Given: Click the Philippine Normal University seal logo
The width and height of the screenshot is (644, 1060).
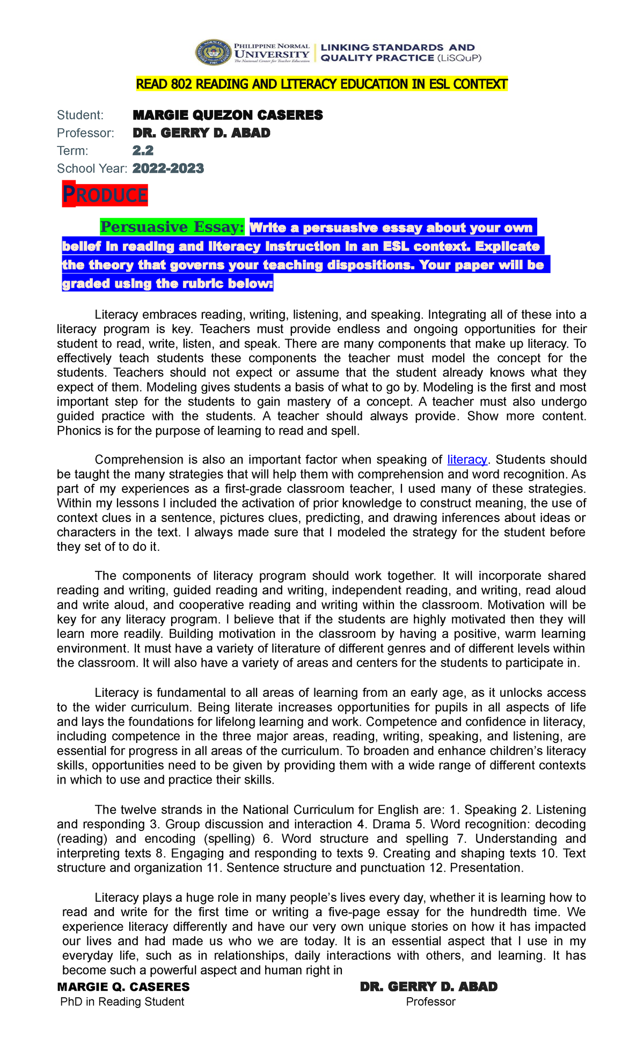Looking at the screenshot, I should pos(213,53).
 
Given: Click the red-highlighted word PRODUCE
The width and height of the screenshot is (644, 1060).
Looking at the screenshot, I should pos(105,195).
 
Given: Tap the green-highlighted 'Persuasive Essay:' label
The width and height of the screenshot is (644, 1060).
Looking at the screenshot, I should pos(172,227).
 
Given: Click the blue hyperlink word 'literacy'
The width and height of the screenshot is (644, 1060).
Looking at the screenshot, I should pos(467,460).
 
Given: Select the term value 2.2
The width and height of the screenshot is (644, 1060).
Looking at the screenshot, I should pos(143,151).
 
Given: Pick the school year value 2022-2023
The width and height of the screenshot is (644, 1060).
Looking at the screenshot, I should pos(168,168).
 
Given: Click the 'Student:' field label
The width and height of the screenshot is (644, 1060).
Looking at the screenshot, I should pos(80,115).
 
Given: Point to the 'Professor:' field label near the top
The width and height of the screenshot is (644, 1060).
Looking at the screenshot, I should pos(86,133).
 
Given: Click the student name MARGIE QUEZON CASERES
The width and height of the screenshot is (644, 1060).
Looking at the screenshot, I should pos(228,115).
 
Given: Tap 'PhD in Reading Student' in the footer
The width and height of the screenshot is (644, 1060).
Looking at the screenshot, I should pos(122,1002).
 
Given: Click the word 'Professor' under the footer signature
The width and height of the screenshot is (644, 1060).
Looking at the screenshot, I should pos(430,1002).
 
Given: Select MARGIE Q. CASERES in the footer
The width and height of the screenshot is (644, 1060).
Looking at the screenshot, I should pos(123,987).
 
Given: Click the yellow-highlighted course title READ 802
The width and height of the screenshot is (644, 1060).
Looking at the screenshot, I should pos(321,84).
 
